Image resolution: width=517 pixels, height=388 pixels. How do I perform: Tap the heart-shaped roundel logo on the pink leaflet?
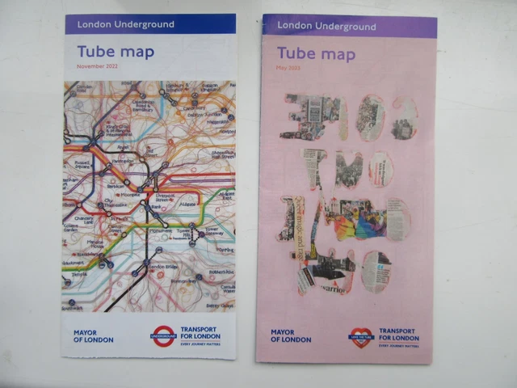(x=359, y=335)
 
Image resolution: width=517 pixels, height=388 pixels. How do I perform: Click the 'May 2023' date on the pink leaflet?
(x=288, y=67)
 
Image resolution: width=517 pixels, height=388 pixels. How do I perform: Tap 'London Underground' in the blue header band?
(x=125, y=24)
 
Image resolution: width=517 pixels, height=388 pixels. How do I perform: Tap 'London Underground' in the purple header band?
(x=326, y=27)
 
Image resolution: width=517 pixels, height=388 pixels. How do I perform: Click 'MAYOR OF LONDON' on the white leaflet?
(x=93, y=336)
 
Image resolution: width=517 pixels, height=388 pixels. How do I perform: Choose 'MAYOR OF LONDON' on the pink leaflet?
(x=291, y=336)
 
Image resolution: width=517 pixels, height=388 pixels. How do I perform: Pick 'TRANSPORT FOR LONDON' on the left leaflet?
(x=200, y=335)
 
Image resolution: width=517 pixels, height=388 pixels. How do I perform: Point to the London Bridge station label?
(x=164, y=267)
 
